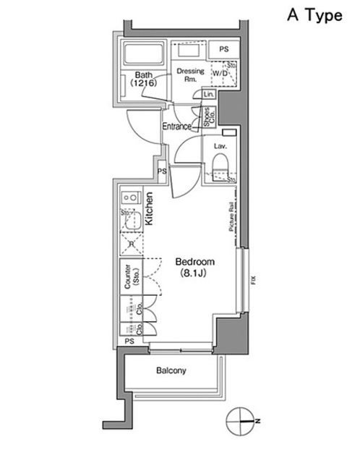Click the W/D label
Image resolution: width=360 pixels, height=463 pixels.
(219, 74)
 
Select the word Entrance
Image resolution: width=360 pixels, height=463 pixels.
(176, 126)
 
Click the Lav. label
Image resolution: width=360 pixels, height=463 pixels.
(220, 145)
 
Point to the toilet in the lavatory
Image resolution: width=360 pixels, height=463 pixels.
(220, 171)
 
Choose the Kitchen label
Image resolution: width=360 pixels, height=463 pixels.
(150, 210)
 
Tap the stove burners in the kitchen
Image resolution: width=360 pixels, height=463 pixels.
(131, 196)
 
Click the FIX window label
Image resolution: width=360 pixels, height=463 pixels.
(254, 281)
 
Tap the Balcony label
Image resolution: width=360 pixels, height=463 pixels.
(171, 371)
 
